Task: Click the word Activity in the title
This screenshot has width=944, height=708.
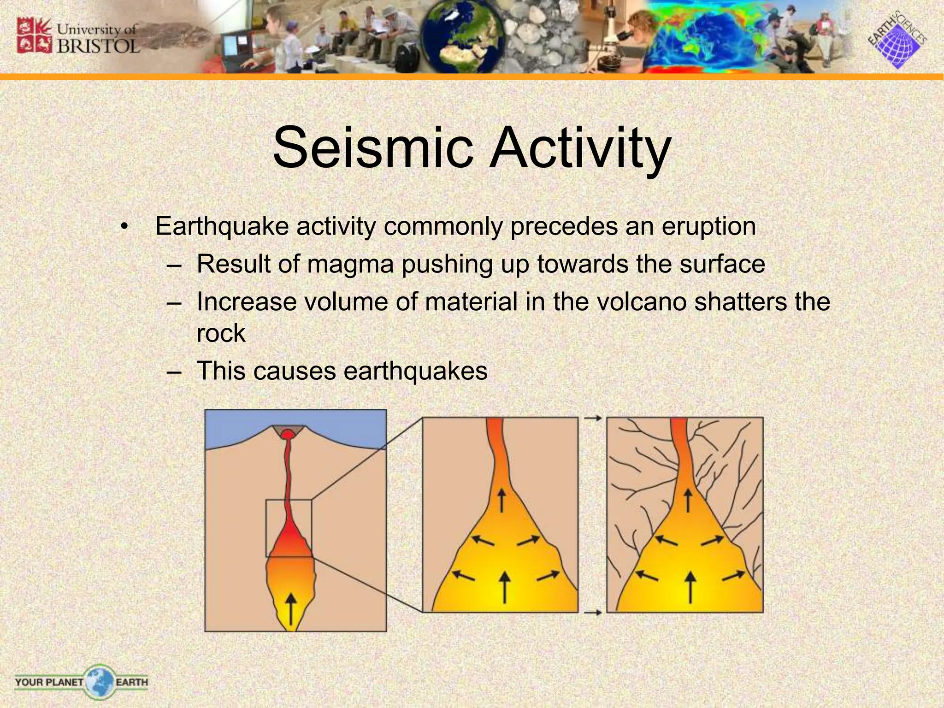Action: [x=579, y=148]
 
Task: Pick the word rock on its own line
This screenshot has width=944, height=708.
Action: [x=221, y=333]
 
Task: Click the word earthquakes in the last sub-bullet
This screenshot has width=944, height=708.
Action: [x=415, y=371]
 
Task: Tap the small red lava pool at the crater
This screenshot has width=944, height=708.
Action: [x=288, y=434]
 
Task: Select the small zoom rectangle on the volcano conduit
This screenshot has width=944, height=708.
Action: [x=289, y=528]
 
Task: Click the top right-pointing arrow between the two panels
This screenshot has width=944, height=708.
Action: [x=592, y=419]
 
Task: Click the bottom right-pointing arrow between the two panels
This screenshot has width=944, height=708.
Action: [x=592, y=613]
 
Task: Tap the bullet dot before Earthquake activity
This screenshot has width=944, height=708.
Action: [x=124, y=227]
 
